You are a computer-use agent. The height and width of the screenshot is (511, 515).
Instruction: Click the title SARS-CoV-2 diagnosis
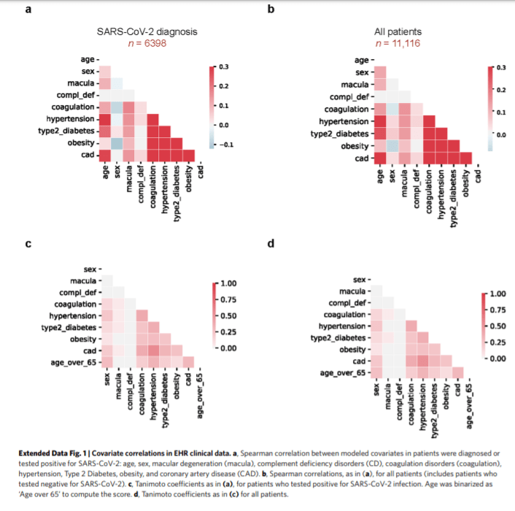click(x=147, y=32)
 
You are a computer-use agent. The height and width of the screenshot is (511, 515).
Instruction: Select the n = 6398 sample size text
click(x=147, y=44)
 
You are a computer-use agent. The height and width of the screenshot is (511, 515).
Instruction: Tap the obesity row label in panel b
click(x=353, y=146)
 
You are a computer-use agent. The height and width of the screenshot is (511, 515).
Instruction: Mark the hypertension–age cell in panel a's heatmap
click(x=104, y=119)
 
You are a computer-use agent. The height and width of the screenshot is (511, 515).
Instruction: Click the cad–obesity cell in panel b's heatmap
click(x=465, y=158)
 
